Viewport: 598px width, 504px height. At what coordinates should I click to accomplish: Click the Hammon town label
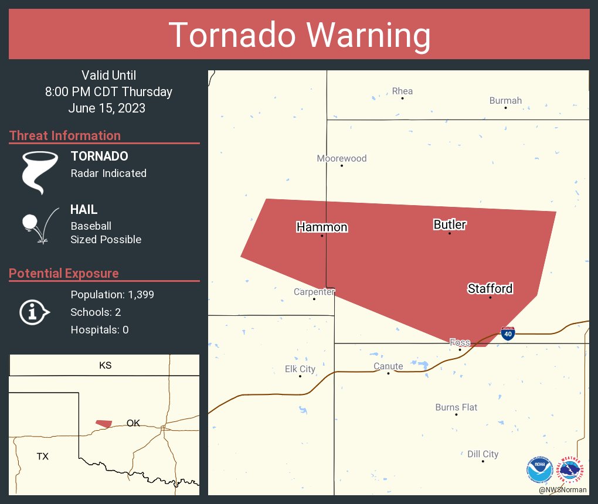322,227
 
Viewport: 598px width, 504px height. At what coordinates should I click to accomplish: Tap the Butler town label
450,224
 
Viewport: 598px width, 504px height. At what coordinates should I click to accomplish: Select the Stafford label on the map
490,288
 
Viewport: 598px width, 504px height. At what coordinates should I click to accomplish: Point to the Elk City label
300,369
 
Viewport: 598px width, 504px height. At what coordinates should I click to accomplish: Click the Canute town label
388,367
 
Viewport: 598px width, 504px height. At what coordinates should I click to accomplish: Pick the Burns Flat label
456,407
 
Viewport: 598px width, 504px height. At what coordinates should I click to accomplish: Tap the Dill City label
483,454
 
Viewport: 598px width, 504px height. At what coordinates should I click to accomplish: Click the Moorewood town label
342,158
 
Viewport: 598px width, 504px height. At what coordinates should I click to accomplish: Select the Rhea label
402,91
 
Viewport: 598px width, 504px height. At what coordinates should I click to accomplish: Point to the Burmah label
505,101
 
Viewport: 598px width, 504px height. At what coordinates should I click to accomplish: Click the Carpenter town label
314,292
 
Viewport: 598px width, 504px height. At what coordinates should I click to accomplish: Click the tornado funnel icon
40,172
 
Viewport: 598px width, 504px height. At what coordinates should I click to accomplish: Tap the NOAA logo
539,469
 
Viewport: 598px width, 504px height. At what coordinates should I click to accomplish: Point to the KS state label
105,366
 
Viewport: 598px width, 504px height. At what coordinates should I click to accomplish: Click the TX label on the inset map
42,456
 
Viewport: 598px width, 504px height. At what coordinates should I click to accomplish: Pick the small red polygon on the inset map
104,423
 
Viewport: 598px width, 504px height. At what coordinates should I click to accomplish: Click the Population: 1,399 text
112,295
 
